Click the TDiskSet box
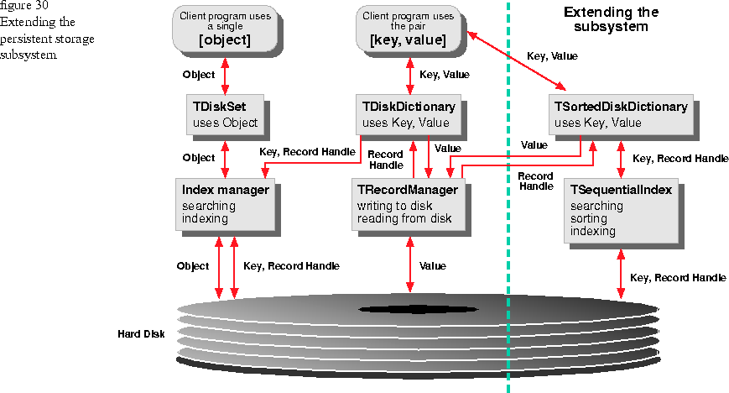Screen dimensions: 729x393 click(226, 115)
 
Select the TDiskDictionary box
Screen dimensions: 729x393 click(409, 115)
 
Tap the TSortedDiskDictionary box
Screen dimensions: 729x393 click(621, 115)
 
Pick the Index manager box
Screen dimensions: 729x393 click(225, 204)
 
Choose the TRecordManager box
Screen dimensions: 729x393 click(409, 204)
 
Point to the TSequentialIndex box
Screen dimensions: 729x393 click(621, 211)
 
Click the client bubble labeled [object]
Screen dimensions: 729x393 click(225, 29)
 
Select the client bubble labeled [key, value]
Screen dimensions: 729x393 click(409, 29)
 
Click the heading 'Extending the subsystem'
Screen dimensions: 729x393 click(611, 19)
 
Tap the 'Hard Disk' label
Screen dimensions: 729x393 click(141, 334)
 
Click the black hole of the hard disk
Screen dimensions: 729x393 click(419, 309)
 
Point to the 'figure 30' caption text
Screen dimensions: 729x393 click(24, 6)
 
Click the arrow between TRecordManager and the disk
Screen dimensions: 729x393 click(409, 265)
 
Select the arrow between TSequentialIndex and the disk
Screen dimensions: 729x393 click(621, 274)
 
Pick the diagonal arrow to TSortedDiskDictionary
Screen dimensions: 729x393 click(516, 60)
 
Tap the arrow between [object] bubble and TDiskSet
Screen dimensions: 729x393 click(225, 76)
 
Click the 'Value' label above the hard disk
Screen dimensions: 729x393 click(432, 266)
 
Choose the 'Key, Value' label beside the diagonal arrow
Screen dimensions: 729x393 click(552, 56)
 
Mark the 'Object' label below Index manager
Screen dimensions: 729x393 click(193, 266)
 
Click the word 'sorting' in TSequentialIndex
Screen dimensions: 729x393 click(589, 219)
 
